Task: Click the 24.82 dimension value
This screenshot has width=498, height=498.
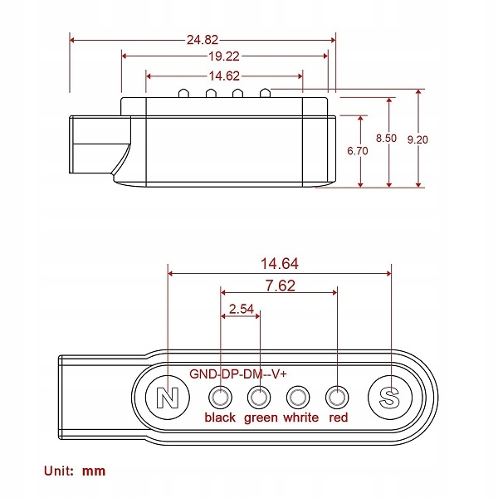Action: [x=203, y=39]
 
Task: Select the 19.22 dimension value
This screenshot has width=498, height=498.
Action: [x=223, y=56]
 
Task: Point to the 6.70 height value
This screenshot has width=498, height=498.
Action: [x=358, y=152]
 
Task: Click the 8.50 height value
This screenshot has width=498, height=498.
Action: [x=386, y=139]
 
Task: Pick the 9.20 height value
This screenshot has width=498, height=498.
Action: [x=417, y=139]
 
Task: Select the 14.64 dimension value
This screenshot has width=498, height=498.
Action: [x=279, y=265]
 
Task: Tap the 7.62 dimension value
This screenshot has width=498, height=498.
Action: [x=279, y=286]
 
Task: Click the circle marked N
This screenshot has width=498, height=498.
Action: [x=168, y=397]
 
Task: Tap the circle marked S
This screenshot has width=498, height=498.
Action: [x=388, y=397]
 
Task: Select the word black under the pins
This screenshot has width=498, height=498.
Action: [x=220, y=417]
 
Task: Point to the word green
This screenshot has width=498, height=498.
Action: [x=261, y=417]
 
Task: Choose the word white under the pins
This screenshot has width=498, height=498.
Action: [x=300, y=417]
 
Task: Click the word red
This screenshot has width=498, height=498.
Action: [x=339, y=417]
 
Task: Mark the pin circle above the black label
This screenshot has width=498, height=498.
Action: [x=221, y=396]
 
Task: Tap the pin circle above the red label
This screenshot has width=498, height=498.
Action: [x=337, y=396]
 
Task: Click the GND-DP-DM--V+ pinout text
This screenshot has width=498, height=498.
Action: [x=238, y=373]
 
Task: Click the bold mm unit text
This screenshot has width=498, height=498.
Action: [x=94, y=471]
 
